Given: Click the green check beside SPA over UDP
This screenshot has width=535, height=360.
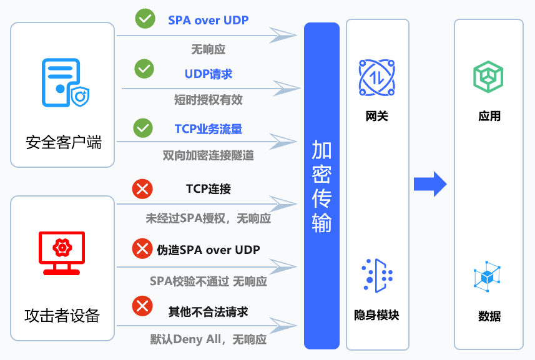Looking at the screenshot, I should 145,19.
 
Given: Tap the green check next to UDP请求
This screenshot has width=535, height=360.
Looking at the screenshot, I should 144,68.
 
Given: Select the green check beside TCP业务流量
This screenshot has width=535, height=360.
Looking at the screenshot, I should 143,128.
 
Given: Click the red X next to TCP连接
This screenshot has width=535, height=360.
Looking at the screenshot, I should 142,188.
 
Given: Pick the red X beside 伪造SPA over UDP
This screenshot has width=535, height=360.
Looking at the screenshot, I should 142,249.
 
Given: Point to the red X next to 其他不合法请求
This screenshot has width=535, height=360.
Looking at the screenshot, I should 142,306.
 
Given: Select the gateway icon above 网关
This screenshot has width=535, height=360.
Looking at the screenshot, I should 377,77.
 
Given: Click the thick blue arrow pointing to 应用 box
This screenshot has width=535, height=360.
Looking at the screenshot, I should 430,183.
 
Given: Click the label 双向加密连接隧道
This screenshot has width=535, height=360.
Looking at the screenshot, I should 208,155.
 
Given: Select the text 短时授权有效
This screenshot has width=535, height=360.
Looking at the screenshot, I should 208,99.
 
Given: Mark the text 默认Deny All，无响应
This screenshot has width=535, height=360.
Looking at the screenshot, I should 208,339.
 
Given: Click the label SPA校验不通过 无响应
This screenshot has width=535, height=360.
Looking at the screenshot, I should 208,281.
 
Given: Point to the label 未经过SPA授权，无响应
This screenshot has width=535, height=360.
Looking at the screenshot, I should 208,218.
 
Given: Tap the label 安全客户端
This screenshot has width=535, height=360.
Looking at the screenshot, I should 63,142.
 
